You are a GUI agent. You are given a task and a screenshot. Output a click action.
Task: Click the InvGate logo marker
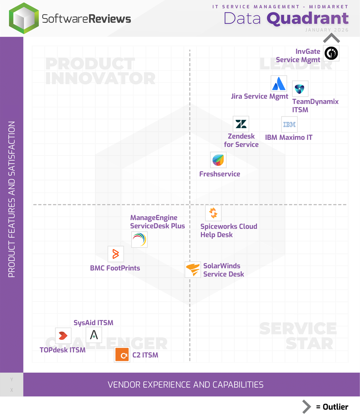(331, 53)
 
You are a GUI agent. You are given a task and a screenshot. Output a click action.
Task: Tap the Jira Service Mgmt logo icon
(279, 84)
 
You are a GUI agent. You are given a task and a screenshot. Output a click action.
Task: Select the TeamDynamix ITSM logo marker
(300, 89)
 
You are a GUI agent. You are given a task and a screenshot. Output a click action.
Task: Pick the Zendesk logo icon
(241, 124)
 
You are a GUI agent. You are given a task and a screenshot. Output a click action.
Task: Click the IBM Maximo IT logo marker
(289, 125)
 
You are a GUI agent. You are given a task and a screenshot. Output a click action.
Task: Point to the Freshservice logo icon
(218, 160)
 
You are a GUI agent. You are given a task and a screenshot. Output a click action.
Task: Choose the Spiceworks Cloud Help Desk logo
(213, 213)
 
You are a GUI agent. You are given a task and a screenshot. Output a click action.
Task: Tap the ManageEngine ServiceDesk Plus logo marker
(139, 240)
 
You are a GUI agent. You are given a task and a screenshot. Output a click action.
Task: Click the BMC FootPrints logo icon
(115, 254)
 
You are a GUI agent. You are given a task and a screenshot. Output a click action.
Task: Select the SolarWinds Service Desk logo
(193, 269)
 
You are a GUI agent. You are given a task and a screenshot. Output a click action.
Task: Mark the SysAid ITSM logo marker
(94, 335)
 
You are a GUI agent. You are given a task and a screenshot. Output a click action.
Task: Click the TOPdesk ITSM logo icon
(63, 336)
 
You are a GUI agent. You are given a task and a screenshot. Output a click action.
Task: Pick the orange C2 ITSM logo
(122, 355)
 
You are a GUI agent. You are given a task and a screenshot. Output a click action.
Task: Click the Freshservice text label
(220, 174)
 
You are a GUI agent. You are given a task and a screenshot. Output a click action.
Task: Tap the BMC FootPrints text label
(115, 268)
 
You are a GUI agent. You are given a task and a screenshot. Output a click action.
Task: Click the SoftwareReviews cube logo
(24, 18)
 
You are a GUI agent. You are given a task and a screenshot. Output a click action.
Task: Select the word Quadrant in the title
(308, 18)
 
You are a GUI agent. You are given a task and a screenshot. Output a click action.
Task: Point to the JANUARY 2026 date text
(327, 30)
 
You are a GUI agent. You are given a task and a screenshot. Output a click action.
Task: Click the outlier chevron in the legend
(306, 407)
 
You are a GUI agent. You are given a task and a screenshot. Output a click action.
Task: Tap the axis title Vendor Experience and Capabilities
(185, 385)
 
